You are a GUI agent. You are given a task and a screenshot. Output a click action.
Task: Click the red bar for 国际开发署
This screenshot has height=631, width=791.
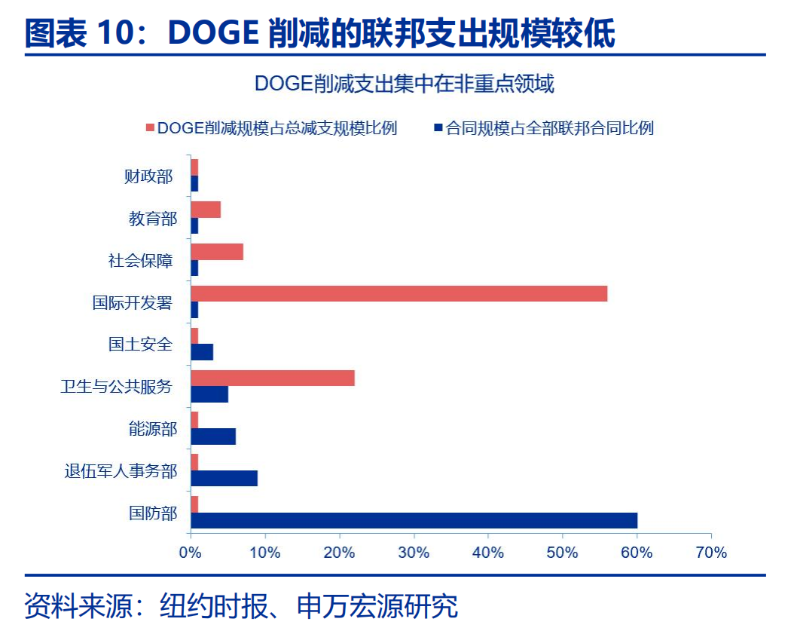(399, 293)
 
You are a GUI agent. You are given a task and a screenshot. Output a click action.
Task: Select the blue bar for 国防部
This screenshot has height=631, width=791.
(414, 520)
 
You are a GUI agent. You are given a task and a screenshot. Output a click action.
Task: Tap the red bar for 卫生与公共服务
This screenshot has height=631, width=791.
(272, 378)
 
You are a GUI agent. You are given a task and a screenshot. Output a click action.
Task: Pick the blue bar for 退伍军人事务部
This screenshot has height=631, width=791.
(224, 478)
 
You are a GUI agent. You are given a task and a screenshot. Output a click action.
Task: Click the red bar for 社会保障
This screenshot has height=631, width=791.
(216, 252)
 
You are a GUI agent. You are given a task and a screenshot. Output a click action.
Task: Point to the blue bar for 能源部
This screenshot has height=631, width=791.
(212, 436)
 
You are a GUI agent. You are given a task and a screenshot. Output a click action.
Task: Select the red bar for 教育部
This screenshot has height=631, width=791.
(205, 210)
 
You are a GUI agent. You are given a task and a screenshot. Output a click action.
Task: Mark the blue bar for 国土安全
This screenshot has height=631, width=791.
(201, 351)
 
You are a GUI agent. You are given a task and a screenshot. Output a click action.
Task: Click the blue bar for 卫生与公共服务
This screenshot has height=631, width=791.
(209, 394)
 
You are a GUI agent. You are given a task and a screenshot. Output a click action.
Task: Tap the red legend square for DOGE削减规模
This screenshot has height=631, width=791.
(150, 128)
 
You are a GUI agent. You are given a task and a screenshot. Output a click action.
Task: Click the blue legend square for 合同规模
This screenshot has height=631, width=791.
(438, 128)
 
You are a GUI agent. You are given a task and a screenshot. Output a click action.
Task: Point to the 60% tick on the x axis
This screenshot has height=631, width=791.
(637, 553)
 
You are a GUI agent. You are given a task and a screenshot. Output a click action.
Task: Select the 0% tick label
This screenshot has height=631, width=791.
(190, 553)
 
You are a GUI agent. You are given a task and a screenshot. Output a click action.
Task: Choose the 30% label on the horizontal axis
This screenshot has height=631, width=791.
(414, 553)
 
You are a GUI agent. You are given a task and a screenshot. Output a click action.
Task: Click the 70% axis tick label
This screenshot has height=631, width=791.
(710, 553)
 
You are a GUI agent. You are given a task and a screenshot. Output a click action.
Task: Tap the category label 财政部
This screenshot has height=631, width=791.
(148, 176)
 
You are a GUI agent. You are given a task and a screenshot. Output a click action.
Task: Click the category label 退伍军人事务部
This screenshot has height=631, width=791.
(121, 471)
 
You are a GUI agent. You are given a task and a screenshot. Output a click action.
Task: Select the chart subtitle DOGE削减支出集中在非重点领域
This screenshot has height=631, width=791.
(404, 84)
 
